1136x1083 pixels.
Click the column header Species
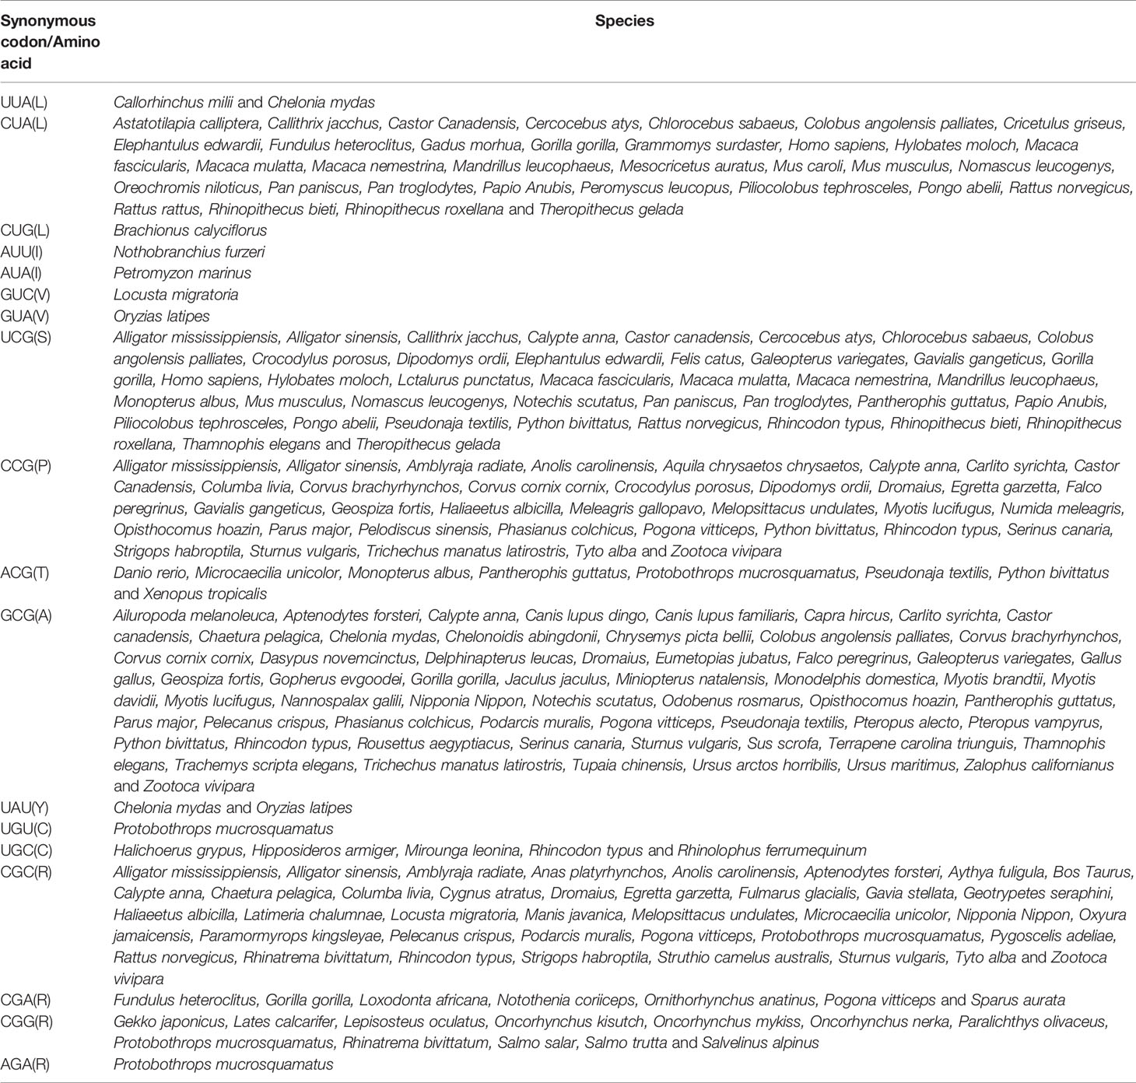pyautogui.click(x=624, y=21)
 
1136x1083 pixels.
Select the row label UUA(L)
pyautogui.click(x=23, y=102)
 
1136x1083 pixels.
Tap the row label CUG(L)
pyautogui.click(x=24, y=230)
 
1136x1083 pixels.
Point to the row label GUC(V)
pyautogui.click(x=24, y=295)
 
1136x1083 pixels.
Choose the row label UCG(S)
pyautogui.click(x=26, y=338)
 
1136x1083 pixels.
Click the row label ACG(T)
pyautogui.click(x=25, y=573)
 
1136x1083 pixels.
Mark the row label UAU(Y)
pyautogui.click(x=25, y=808)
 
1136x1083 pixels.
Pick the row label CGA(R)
pyautogui.click(x=26, y=1000)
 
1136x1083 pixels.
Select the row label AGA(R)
pyautogui.click(x=26, y=1064)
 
